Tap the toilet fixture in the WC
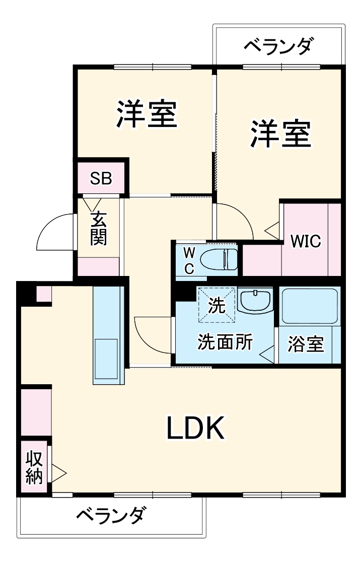219,260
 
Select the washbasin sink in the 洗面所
255,302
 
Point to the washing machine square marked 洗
217,305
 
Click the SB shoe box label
101,178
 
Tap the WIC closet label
306,241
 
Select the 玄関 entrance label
98,229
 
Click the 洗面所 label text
225,342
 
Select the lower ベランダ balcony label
112,515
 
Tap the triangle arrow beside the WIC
272,231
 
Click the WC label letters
188,260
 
